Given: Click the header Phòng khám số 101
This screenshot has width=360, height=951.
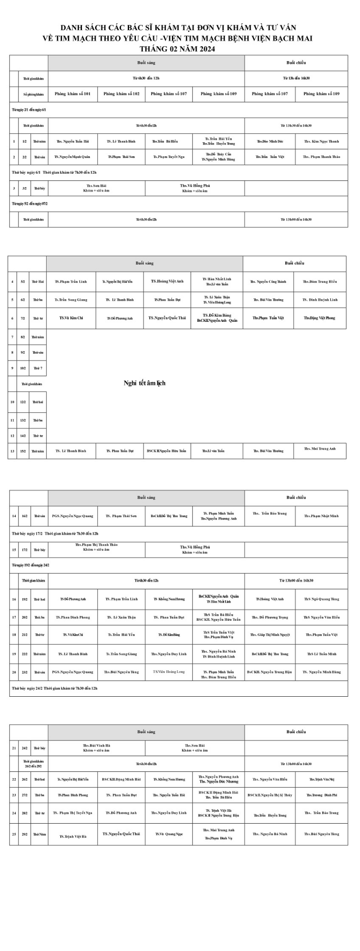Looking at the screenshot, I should pos(72,94).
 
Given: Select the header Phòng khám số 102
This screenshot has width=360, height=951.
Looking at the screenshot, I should pos(121,94).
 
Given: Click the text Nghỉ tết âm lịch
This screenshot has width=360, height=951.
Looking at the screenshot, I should pos(144,383).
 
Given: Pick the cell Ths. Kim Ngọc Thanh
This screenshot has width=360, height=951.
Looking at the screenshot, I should pos(321,141).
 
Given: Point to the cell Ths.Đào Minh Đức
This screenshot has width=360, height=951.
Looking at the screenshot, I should pos(270,141).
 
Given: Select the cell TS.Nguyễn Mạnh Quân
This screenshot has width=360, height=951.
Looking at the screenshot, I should pos(72,157).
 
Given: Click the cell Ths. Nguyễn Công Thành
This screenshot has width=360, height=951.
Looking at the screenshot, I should pos(268,282).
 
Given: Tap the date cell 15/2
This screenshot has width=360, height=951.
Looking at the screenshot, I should pos(23,451).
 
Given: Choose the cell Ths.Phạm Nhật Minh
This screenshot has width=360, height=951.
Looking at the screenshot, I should pos(321,516).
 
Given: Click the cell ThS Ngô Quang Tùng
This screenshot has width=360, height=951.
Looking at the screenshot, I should pos(321,599).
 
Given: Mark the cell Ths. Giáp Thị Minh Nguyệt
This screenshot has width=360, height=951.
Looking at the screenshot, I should pos(270,635).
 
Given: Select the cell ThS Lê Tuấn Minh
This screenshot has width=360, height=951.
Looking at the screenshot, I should pos(321,654).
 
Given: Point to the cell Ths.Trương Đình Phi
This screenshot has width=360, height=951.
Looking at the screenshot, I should pos(321,795).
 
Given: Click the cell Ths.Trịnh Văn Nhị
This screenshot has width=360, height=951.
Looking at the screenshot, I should pos(321,779).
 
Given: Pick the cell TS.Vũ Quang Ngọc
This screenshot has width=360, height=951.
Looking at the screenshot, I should pos(169,834).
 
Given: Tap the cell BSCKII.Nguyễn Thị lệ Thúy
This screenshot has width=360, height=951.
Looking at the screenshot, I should pos(270,795).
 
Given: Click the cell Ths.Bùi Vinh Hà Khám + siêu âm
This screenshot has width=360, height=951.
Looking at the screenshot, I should pos(96,748).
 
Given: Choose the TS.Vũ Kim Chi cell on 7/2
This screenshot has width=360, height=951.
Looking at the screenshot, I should pos(71,318).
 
